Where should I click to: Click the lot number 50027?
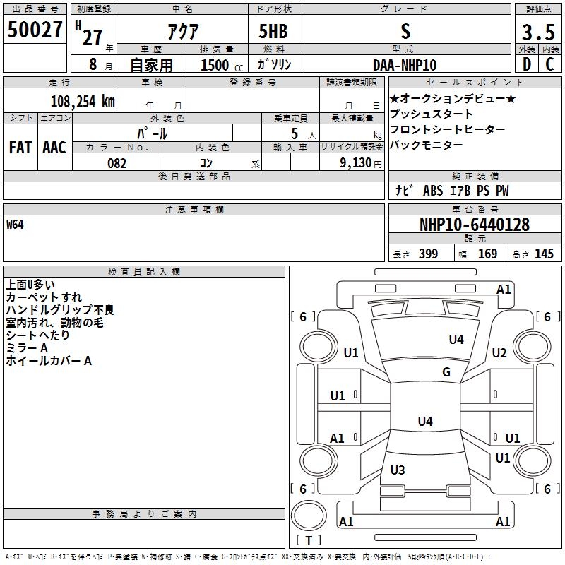[35, 31]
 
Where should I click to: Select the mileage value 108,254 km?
[83, 102]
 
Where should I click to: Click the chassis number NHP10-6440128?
[474, 225]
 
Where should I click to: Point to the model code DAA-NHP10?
[405, 65]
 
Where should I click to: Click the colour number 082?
[117, 163]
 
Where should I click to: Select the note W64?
[16, 225]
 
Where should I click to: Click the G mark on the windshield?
[446, 372]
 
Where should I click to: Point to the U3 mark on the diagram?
[398, 470]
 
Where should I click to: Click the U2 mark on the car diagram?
[499, 352]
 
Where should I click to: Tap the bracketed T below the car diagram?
[309, 540]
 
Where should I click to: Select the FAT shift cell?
[20, 147]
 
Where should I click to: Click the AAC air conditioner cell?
[54, 147]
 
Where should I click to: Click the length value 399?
[428, 254]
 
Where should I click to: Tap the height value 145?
[544, 254]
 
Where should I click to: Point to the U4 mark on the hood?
[456, 340]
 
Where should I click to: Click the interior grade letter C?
[549, 64]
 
